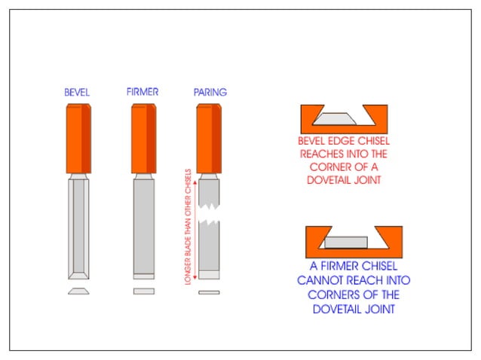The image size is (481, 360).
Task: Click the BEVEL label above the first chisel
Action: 77,92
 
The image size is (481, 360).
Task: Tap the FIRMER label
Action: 142,92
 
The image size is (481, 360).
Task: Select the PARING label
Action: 210,92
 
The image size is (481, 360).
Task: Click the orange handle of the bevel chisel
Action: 78,139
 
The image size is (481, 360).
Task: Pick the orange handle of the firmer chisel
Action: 144,139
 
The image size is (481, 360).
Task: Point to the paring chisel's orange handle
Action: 209,139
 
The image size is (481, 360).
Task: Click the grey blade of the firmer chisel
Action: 144,229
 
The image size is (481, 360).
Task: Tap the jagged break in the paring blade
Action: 209,213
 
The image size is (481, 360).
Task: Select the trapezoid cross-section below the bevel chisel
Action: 78,291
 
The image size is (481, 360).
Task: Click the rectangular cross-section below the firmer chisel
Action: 144,291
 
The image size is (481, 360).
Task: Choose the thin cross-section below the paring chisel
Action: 209,293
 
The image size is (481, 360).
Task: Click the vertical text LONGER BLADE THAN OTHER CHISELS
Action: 188,227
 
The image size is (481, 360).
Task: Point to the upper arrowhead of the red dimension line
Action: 195,182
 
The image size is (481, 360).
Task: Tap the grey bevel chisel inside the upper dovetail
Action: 335,119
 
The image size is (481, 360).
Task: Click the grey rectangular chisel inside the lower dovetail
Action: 346,243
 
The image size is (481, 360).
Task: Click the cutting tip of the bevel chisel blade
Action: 78,278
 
